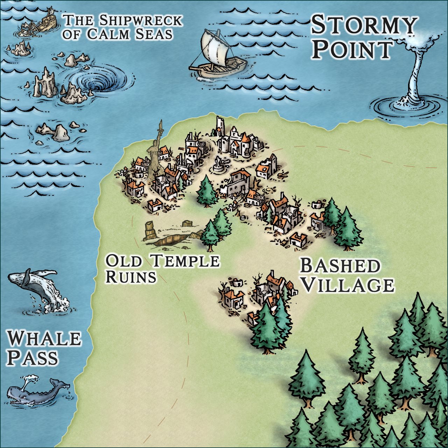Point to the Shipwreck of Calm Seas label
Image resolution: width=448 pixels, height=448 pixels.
tap(122, 27)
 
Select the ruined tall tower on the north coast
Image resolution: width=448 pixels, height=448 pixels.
tap(220, 126)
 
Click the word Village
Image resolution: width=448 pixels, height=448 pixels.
tap(348, 285)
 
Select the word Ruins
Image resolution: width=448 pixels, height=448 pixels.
tap(131, 277)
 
